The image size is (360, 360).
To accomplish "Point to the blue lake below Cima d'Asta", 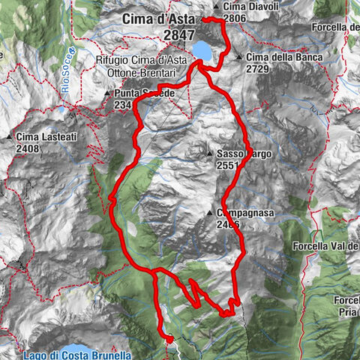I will pos(201,50).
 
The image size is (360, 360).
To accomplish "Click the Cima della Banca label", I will pos(284,58).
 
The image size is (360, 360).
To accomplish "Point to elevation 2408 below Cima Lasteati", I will pos(28,148).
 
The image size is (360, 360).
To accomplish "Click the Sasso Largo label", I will pos(239,153).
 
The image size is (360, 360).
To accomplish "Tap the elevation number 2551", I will pos(228,164).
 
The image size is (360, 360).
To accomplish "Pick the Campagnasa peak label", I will pos(245,213).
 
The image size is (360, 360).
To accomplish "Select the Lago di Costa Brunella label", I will pos(77,354).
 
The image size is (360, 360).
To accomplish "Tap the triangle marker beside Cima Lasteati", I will pos(9,137).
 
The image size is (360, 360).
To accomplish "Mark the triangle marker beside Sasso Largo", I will pos(211,153).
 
